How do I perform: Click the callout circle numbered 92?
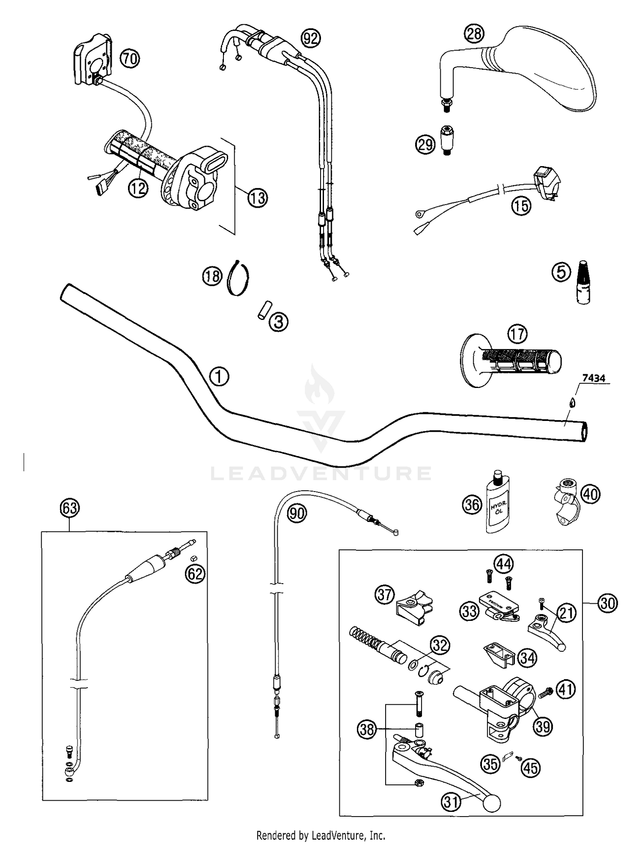click(x=311, y=39)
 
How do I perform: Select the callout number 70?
click(x=129, y=58)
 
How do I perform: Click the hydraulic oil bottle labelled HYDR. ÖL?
click(x=498, y=505)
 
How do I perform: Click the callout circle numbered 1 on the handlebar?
click(x=219, y=377)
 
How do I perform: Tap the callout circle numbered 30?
click(x=607, y=603)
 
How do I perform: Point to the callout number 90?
click(x=297, y=513)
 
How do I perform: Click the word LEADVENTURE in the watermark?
click(x=321, y=473)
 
